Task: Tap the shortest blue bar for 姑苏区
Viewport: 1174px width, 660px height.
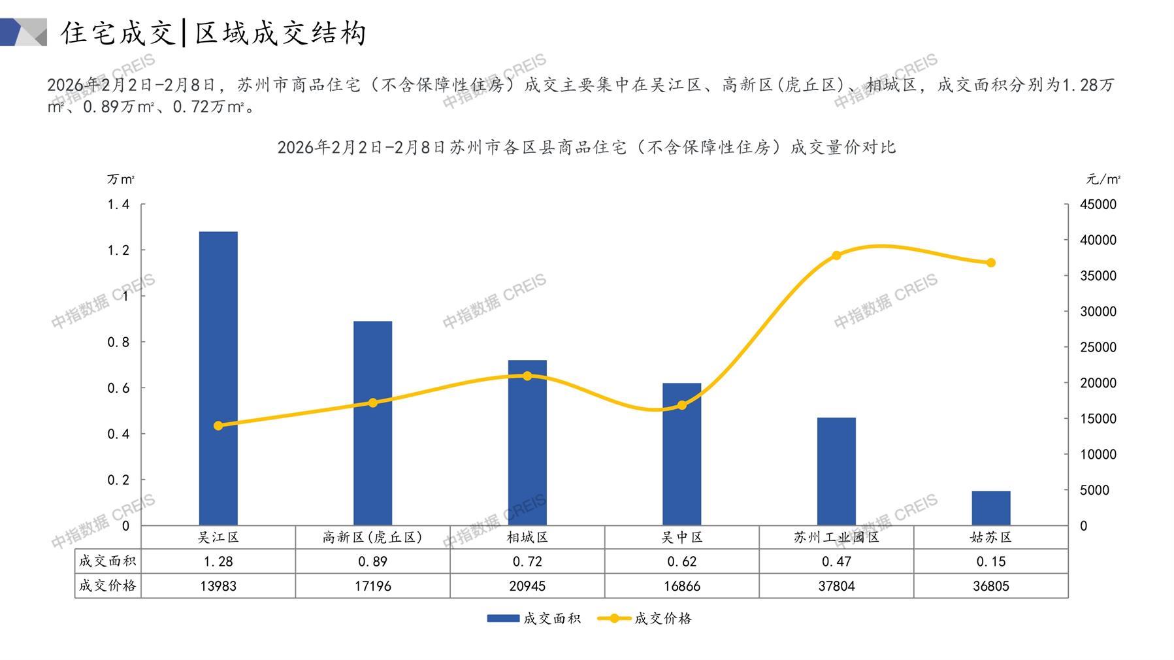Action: pos(990,508)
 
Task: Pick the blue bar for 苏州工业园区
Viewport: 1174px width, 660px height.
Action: pos(836,471)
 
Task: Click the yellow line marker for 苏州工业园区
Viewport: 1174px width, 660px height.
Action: pos(836,256)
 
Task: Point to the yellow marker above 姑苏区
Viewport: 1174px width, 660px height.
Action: pos(990,263)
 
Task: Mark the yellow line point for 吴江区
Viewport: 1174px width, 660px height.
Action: pos(218,425)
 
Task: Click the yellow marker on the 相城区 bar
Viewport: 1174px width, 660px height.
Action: pos(527,376)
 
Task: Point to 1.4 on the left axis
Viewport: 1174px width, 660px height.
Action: pos(118,205)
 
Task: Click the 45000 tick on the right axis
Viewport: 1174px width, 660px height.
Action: pos(1098,205)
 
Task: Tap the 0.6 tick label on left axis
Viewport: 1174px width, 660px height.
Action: pos(118,388)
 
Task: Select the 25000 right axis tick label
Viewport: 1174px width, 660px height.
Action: pos(1098,347)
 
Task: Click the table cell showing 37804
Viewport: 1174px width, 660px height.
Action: pos(836,586)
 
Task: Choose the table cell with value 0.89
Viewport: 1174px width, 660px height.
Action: pos(372,561)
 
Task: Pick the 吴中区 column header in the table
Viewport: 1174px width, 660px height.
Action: pos(681,537)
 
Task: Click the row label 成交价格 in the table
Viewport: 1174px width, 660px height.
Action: pos(108,586)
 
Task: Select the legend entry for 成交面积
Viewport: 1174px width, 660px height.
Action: pos(534,618)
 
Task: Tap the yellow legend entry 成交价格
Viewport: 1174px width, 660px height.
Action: pos(645,618)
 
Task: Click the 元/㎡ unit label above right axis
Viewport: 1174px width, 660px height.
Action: pos(1103,179)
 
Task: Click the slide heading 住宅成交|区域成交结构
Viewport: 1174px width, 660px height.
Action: pos(214,33)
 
